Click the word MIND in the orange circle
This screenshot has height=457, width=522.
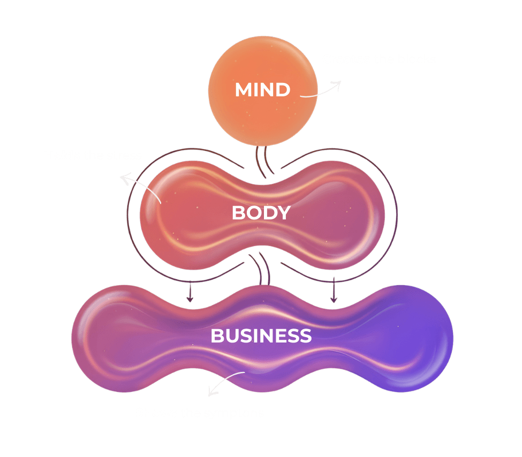262,89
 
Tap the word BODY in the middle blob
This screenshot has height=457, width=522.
261,213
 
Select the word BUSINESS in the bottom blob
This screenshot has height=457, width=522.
261,336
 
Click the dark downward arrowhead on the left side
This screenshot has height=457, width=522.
189,299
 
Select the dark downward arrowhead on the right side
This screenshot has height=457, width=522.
334,299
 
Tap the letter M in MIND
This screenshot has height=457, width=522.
244,89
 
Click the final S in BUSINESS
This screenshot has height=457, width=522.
306,336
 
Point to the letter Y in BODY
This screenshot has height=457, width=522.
283,213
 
